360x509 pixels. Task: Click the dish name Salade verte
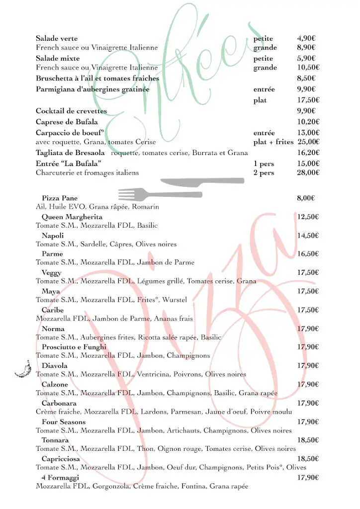coord(57,38)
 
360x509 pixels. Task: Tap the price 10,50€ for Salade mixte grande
coord(308,68)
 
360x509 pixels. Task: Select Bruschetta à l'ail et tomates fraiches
coord(97,79)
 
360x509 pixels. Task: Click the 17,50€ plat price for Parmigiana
coord(308,100)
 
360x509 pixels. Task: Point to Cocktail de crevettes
coord(71,111)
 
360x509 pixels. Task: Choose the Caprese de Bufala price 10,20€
coord(308,122)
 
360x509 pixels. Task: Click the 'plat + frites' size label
coord(273,142)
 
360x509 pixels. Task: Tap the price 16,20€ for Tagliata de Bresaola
coord(308,153)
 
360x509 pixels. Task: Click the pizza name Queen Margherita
coord(72,217)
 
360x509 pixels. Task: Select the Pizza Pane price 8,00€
coord(306,198)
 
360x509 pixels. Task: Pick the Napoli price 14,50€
coord(308,236)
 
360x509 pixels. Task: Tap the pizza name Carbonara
coord(59,403)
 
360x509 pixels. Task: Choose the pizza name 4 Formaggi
coord(60,478)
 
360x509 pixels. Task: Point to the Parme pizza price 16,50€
coord(308,254)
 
